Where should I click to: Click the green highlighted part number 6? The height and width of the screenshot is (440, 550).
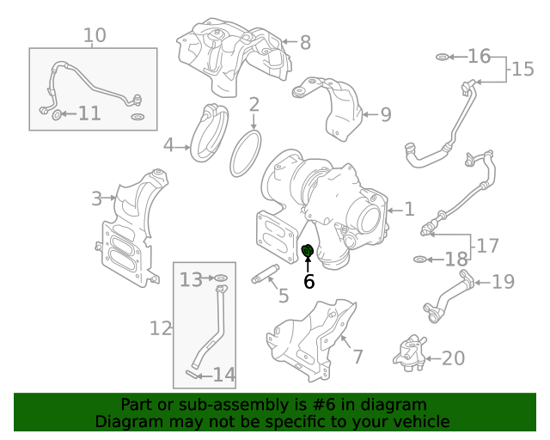pyautogui.click(x=308, y=251)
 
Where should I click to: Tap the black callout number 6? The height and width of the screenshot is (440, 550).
pyautogui.click(x=309, y=281)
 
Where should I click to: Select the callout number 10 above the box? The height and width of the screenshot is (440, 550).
pyautogui.click(x=95, y=35)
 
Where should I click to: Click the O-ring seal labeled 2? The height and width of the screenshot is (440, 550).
pyautogui.click(x=246, y=153)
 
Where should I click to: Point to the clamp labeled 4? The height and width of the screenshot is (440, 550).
pyautogui.click(x=210, y=133)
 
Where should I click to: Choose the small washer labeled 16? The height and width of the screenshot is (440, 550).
pyautogui.click(x=442, y=57)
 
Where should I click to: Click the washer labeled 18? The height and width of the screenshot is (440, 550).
pyautogui.click(x=420, y=260)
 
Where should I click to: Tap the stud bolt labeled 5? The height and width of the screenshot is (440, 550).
pyautogui.click(x=266, y=274)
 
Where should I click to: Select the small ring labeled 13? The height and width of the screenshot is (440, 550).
pyautogui.click(x=221, y=278)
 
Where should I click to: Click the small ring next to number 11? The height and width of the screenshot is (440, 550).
pyautogui.click(x=57, y=114)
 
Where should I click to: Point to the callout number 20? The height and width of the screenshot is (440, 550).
pyautogui.click(x=453, y=358)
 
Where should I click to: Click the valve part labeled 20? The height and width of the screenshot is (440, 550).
pyautogui.click(x=410, y=352)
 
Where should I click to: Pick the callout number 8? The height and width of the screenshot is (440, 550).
pyautogui.click(x=306, y=42)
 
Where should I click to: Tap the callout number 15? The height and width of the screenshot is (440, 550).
pyautogui.click(x=522, y=69)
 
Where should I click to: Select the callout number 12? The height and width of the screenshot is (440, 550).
pyautogui.click(x=161, y=328)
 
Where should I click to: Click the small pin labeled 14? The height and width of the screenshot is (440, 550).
pyautogui.click(x=191, y=374)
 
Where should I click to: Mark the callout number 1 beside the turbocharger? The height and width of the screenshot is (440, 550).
pyautogui.click(x=409, y=209)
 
